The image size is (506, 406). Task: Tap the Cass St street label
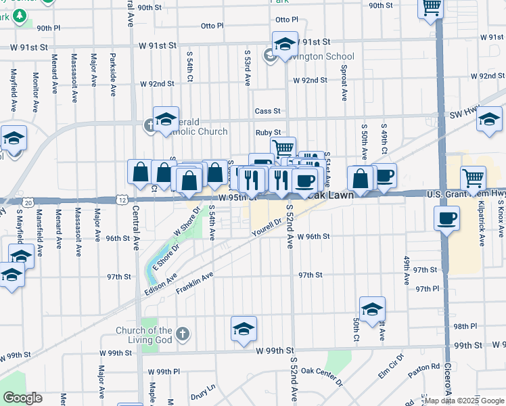[267, 111]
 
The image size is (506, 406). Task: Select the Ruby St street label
[268, 133]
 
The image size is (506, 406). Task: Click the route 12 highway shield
[122, 200]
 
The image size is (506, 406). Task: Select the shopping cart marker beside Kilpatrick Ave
[473, 179]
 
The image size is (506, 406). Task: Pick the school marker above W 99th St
[244, 329]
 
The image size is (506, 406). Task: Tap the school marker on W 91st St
[285, 45]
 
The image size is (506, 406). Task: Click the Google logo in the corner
[22, 398]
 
